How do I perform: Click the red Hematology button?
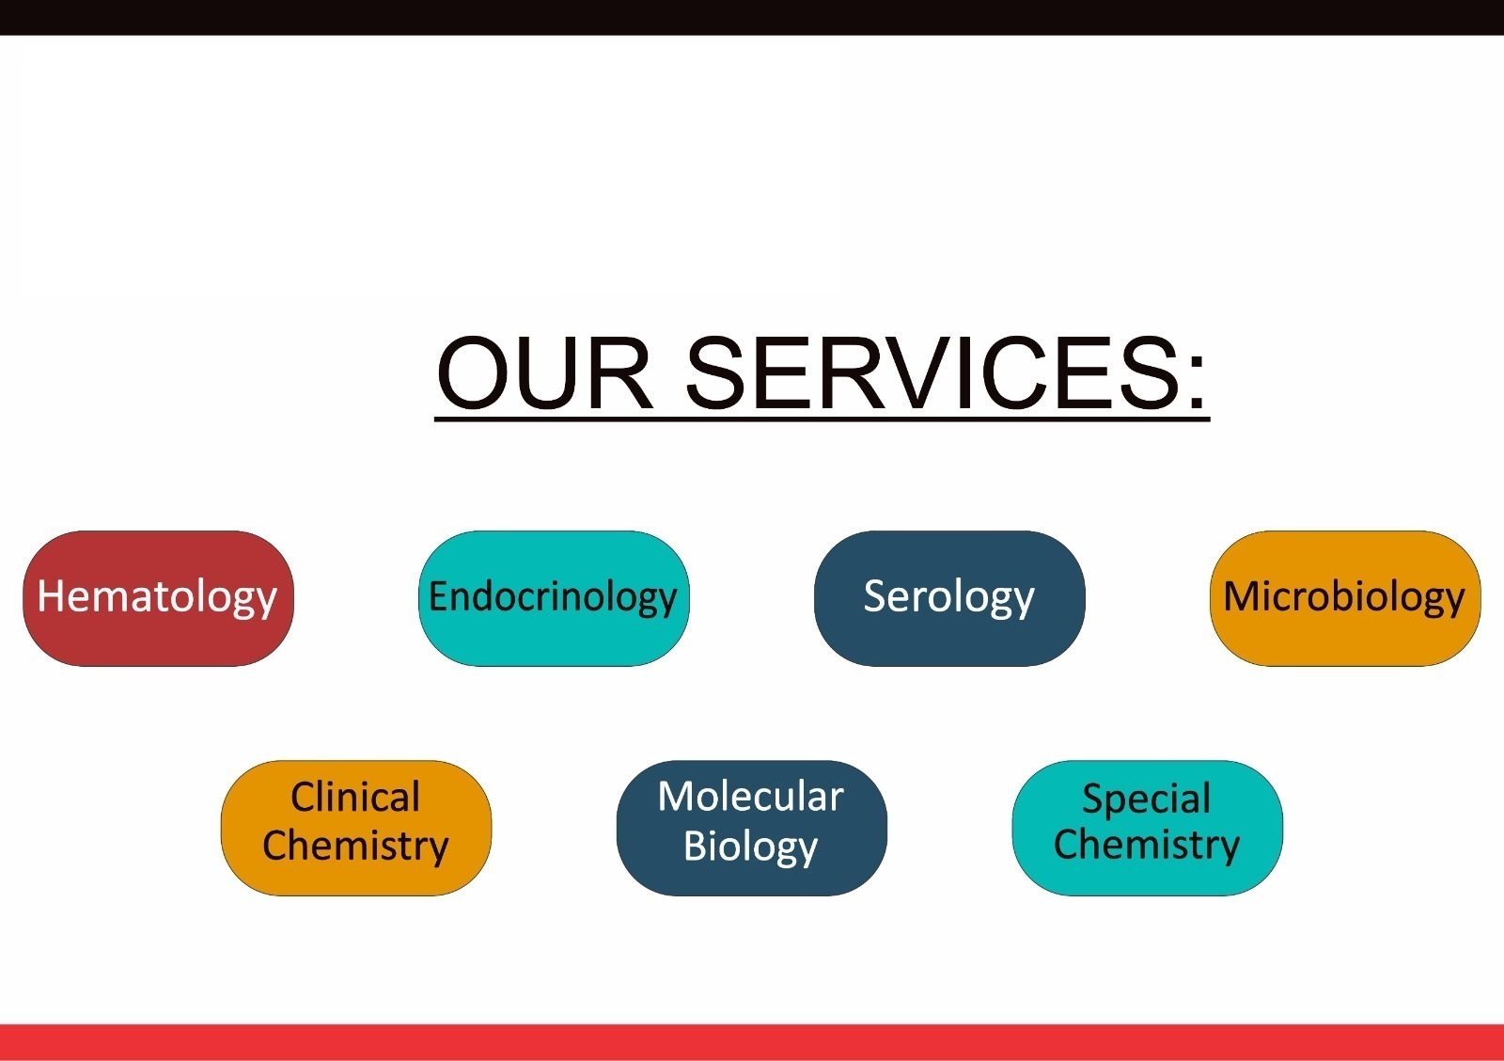(x=159, y=598)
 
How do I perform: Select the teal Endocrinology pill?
(x=554, y=598)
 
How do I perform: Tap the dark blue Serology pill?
(x=949, y=598)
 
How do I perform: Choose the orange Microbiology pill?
(x=1345, y=598)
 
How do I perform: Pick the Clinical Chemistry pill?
(x=356, y=828)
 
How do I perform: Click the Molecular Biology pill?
(x=751, y=828)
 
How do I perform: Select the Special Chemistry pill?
(x=1147, y=828)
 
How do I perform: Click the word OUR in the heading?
(x=544, y=372)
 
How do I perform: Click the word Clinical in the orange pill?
(x=355, y=797)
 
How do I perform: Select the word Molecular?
(x=751, y=797)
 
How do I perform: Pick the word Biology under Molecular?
(x=751, y=847)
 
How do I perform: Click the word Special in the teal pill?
(x=1147, y=800)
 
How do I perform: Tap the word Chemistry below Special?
(x=1147, y=846)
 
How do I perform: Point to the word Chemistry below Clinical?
(x=356, y=847)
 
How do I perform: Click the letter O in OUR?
(x=474, y=372)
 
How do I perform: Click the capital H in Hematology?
(x=51, y=595)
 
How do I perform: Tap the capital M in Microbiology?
(x=1242, y=595)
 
